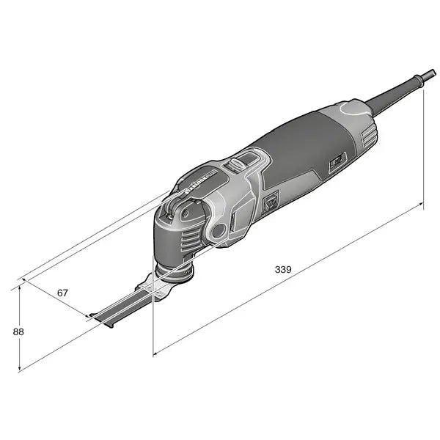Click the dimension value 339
(284, 269)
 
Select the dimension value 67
(63, 293)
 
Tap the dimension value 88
(19, 331)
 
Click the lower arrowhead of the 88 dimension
(20, 369)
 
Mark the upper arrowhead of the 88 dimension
(20, 287)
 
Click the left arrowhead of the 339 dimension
(155, 353)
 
